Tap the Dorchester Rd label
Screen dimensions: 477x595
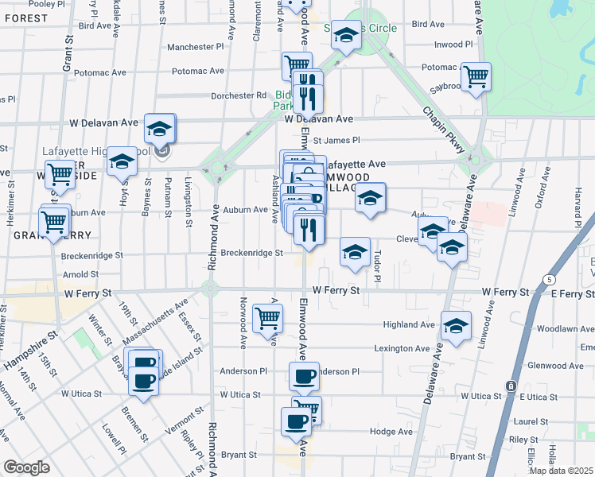point(239,95)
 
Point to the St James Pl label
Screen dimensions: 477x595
point(336,141)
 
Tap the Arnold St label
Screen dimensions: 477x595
point(82,274)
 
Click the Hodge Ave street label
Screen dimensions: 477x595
point(391,432)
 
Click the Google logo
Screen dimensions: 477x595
point(26,467)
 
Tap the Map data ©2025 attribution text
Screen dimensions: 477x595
point(561,471)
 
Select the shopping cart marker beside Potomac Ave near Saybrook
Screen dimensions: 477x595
point(476,77)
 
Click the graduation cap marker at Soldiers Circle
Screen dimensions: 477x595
point(346,35)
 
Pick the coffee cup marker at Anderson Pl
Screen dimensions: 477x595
point(303,376)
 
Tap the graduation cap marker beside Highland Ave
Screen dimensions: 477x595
point(456,326)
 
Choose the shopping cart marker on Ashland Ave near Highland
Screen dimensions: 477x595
point(267,318)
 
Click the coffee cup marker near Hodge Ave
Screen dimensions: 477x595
point(296,421)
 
